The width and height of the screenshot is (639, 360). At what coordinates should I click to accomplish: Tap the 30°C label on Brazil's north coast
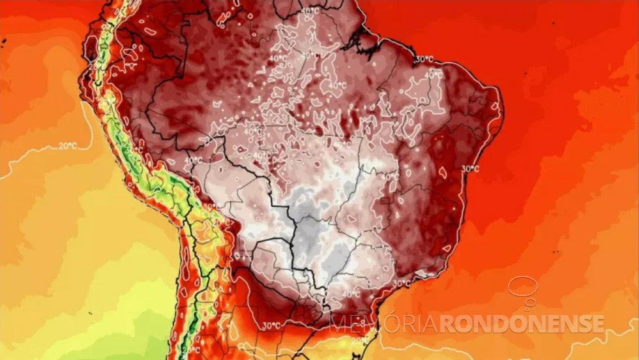[x=424, y=59]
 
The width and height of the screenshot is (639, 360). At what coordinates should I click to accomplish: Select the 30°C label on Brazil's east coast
[x=470, y=169]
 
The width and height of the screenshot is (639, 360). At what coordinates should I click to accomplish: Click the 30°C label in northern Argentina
[x=271, y=325]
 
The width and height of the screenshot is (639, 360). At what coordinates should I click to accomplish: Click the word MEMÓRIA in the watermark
[x=383, y=323]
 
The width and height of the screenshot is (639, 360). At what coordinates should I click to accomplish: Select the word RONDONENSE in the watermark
[x=522, y=323]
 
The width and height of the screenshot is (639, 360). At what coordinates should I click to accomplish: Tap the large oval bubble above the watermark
[x=523, y=286]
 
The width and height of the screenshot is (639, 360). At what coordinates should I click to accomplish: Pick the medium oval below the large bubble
[x=529, y=302]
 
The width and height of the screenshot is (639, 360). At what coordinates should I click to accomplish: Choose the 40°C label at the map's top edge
[x=310, y=11]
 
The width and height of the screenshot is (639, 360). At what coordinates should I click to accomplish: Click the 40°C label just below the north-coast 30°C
[x=433, y=76]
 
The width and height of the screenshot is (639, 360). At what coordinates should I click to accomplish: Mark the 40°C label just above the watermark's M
[x=351, y=294]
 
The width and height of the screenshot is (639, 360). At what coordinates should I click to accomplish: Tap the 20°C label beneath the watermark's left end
[x=359, y=340]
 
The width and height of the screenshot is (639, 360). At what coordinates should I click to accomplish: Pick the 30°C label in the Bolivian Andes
[x=209, y=207]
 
